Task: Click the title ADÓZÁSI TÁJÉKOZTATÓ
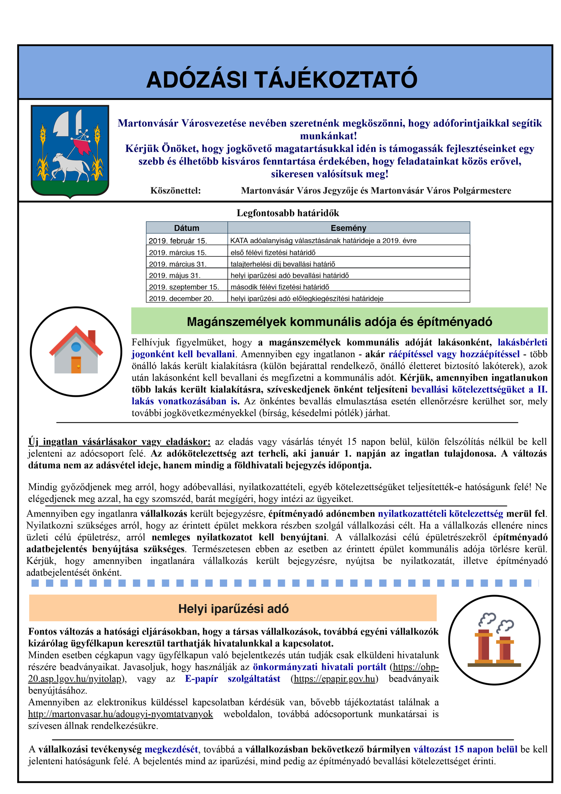coord(282,80)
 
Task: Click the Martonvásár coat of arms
coord(70,151)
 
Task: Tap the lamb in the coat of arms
coord(70,167)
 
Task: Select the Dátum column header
coord(187,228)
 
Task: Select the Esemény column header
coord(348,228)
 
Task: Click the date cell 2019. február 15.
coord(178,241)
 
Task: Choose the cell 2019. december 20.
coord(181,298)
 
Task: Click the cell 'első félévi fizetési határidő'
coord(273,253)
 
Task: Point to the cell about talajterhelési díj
coord(283,264)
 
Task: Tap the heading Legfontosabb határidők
coord(288,213)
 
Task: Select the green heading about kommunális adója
coord(339,321)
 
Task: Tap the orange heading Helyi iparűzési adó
coord(233,609)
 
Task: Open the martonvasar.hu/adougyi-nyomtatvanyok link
coord(120,714)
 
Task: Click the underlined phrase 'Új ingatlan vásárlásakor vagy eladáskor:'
coord(119,442)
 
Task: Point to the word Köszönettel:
coord(175,191)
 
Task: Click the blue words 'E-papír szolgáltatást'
coord(232,679)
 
